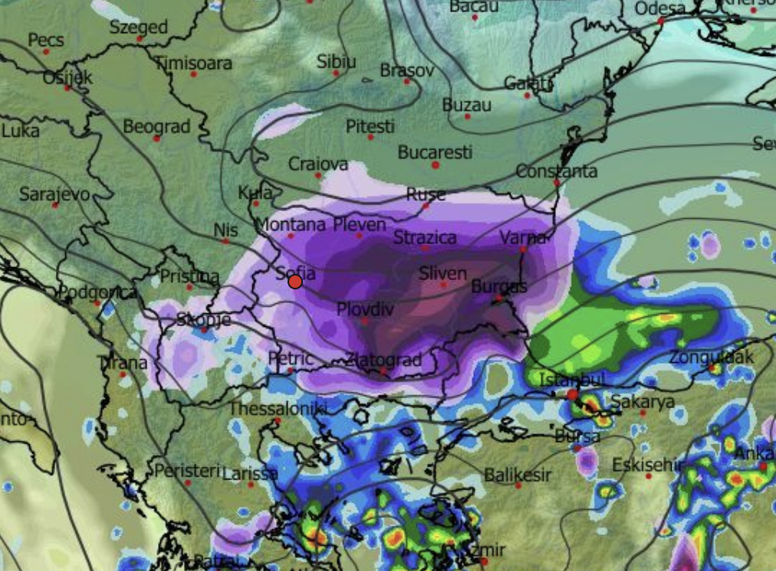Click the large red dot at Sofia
coord(295,282)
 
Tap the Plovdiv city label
coord(365,309)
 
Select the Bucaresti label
coord(435,152)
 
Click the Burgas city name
coord(498,286)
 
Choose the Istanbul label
coord(572,379)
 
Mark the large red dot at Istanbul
coord(572,394)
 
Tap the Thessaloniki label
coord(278,408)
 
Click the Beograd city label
coord(156,127)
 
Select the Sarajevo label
coord(54,193)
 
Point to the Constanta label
coord(556,170)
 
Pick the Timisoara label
coord(193,63)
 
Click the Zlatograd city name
coord(383,359)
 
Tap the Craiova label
coord(318,163)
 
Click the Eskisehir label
coord(647,464)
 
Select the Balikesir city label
coord(518,475)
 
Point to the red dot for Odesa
coord(661,21)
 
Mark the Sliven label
coord(442,273)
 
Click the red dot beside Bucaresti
coord(435,165)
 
